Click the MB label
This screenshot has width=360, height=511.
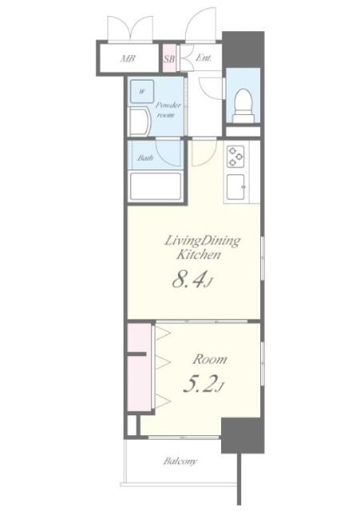tap(128, 58)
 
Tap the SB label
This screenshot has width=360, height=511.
tap(169, 58)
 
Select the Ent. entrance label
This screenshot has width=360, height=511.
tap(203, 57)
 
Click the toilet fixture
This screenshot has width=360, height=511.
tap(243, 104)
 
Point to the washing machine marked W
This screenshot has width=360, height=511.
tap(141, 92)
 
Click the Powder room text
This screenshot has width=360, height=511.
tap(168, 110)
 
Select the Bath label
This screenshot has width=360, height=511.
tap(144, 158)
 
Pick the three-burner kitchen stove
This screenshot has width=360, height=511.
tap(236, 156)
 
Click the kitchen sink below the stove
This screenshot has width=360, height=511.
tap(237, 188)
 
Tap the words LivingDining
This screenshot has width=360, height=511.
tap(202, 240)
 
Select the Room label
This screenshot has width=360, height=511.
tap(209, 359)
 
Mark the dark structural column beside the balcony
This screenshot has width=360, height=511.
tap(242, 437)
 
